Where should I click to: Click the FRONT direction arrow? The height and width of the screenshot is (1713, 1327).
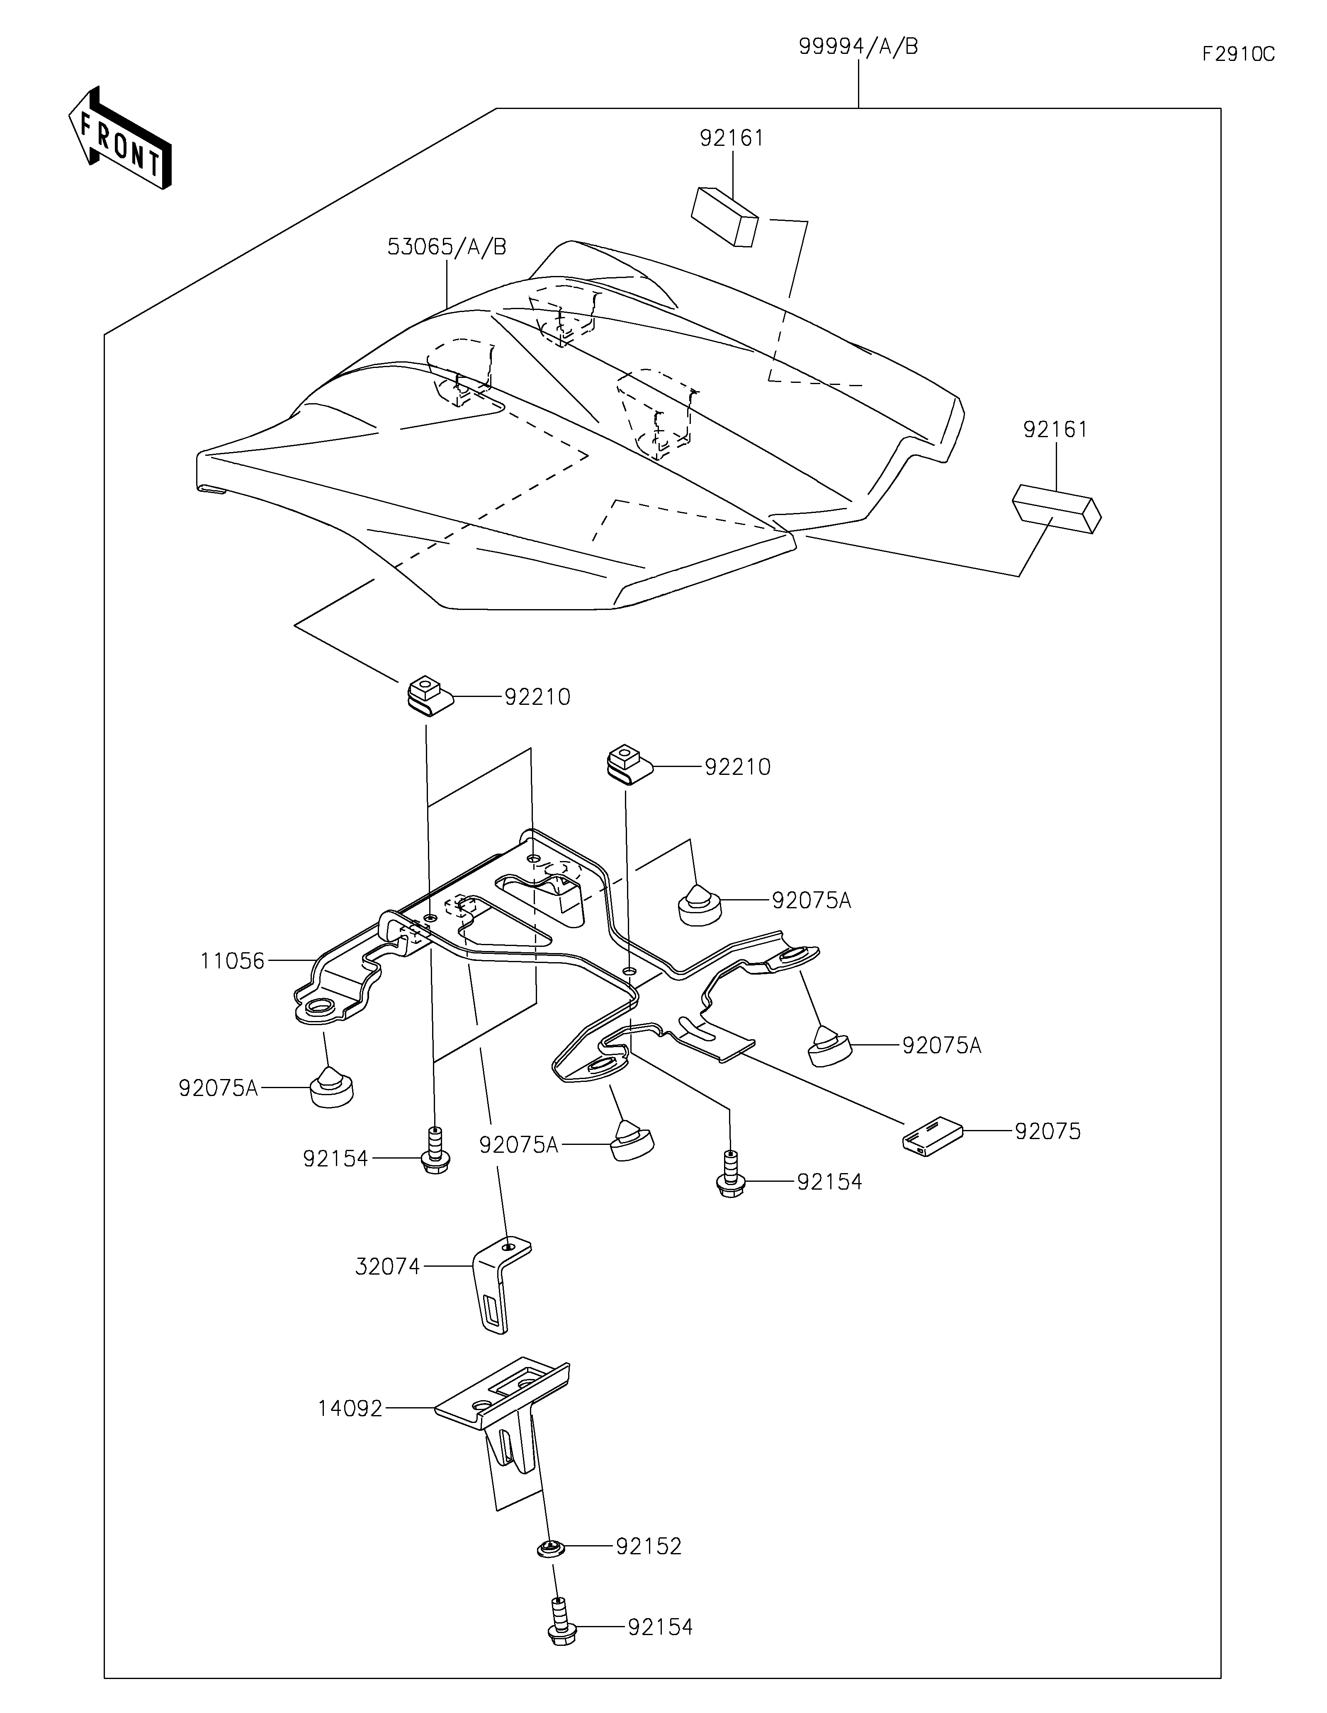click(x=120, y=137)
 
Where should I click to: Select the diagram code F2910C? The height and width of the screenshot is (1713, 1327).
click(x=1238, y=54)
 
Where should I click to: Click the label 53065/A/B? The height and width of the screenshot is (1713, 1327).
click(x=447, y=247)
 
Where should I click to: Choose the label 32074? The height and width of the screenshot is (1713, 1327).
click(x=388, y=1266)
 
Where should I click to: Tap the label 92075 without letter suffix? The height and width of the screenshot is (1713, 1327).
click(x=1048, y=1131)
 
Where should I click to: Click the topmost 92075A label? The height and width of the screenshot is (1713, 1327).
click(x=812, y=900)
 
